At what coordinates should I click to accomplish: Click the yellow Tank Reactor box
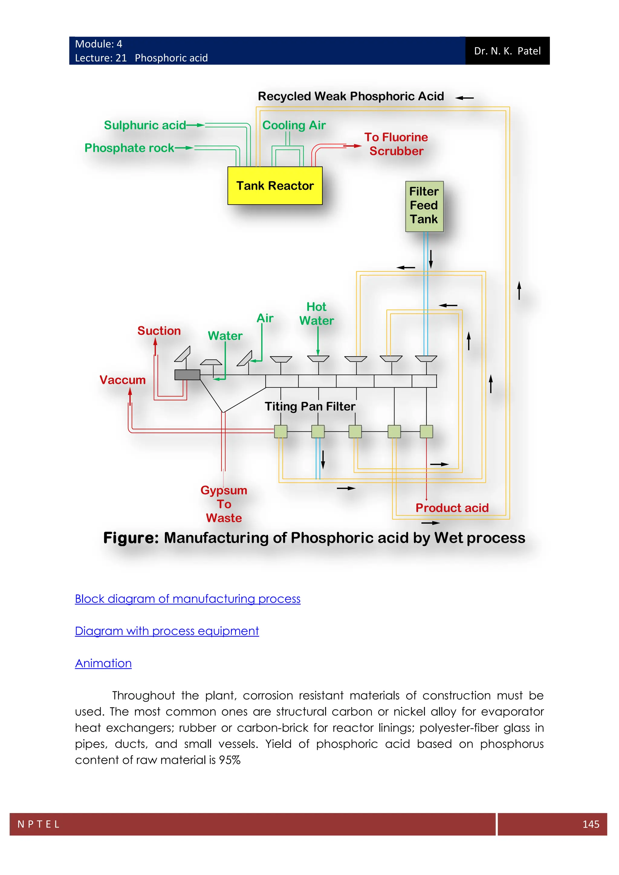click(275, 186)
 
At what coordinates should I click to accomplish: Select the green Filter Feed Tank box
click(424, 206)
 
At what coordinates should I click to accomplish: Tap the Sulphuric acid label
click(145, 125)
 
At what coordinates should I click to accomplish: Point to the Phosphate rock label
click(129, 148)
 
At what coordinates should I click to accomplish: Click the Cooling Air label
click(294, 125)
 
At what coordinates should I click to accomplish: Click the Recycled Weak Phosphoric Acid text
click(351, 96)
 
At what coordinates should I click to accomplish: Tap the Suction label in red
click(159, 331)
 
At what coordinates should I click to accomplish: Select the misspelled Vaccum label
click(122, 380)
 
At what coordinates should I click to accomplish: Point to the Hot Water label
click(316, 314)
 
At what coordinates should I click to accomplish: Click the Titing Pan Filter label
click(310, 406)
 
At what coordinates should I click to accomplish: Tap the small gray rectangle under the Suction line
click(187, 375)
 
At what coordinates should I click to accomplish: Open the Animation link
click(103, 664)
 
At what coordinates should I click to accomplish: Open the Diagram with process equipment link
click(167, 631)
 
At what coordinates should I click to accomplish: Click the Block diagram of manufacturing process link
click(187, 599)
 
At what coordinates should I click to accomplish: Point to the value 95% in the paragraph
click(230, 760)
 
